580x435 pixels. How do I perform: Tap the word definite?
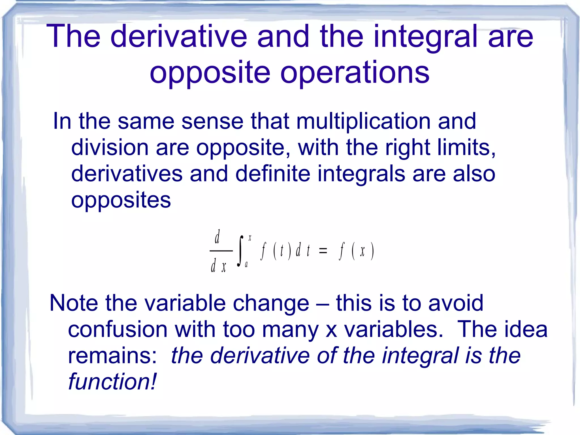[273, 173]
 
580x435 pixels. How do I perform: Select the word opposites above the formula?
[121, 200]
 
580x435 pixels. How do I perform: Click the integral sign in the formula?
[240, 251]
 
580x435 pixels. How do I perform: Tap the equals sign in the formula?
[323, 251]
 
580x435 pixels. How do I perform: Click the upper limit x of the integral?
[250, 238]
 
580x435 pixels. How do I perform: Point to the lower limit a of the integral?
[246, 265]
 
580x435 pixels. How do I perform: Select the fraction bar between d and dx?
[221, 251]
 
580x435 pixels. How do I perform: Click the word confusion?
[118, 329]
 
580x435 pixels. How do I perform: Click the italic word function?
[112, 382]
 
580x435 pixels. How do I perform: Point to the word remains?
[112, 356]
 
